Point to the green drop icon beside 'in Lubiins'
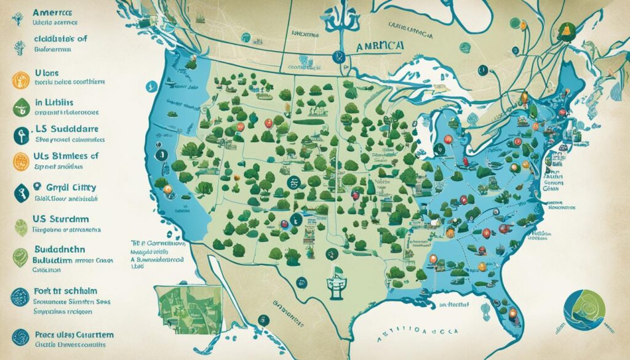[20, 106]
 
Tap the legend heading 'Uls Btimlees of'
[60, 156]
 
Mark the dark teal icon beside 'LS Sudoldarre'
[20, 135]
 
